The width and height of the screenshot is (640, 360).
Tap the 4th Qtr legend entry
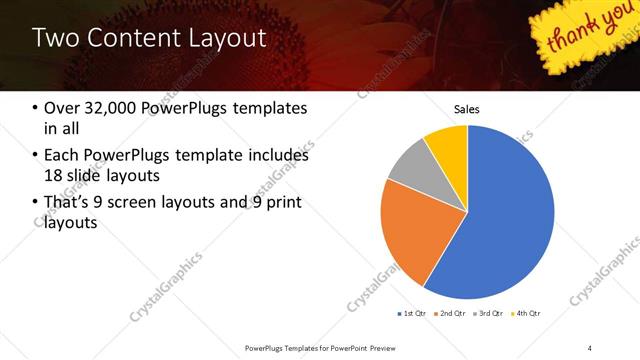tap(527, 313)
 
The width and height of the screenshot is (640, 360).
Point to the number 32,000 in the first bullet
tap(111, 109)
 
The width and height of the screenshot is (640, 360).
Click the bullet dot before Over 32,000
tap(37, 109)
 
